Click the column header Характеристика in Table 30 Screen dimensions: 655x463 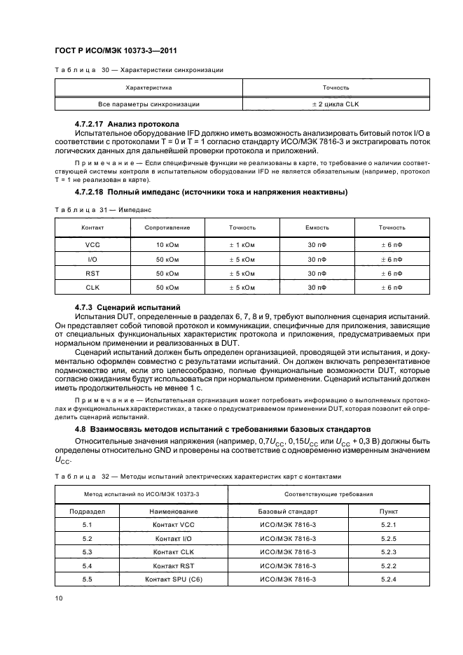[x=148, y=87]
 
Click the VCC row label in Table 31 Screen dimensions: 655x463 [x=92, y=246]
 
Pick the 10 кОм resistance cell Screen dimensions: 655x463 [x=167, y=246]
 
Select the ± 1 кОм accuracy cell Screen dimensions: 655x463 [x=242, y=246]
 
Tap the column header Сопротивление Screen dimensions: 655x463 [x=167, y=227]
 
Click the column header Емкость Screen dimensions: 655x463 [x=317, y=227]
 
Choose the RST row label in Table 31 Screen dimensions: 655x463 [x=92, y=274]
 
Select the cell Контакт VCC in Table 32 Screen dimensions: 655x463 [x=174, y=524]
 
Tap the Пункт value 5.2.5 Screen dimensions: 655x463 [x=389, y=538]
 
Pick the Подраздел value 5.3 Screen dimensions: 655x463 [x=88, y=552]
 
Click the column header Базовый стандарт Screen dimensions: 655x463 [x=287, y=511]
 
